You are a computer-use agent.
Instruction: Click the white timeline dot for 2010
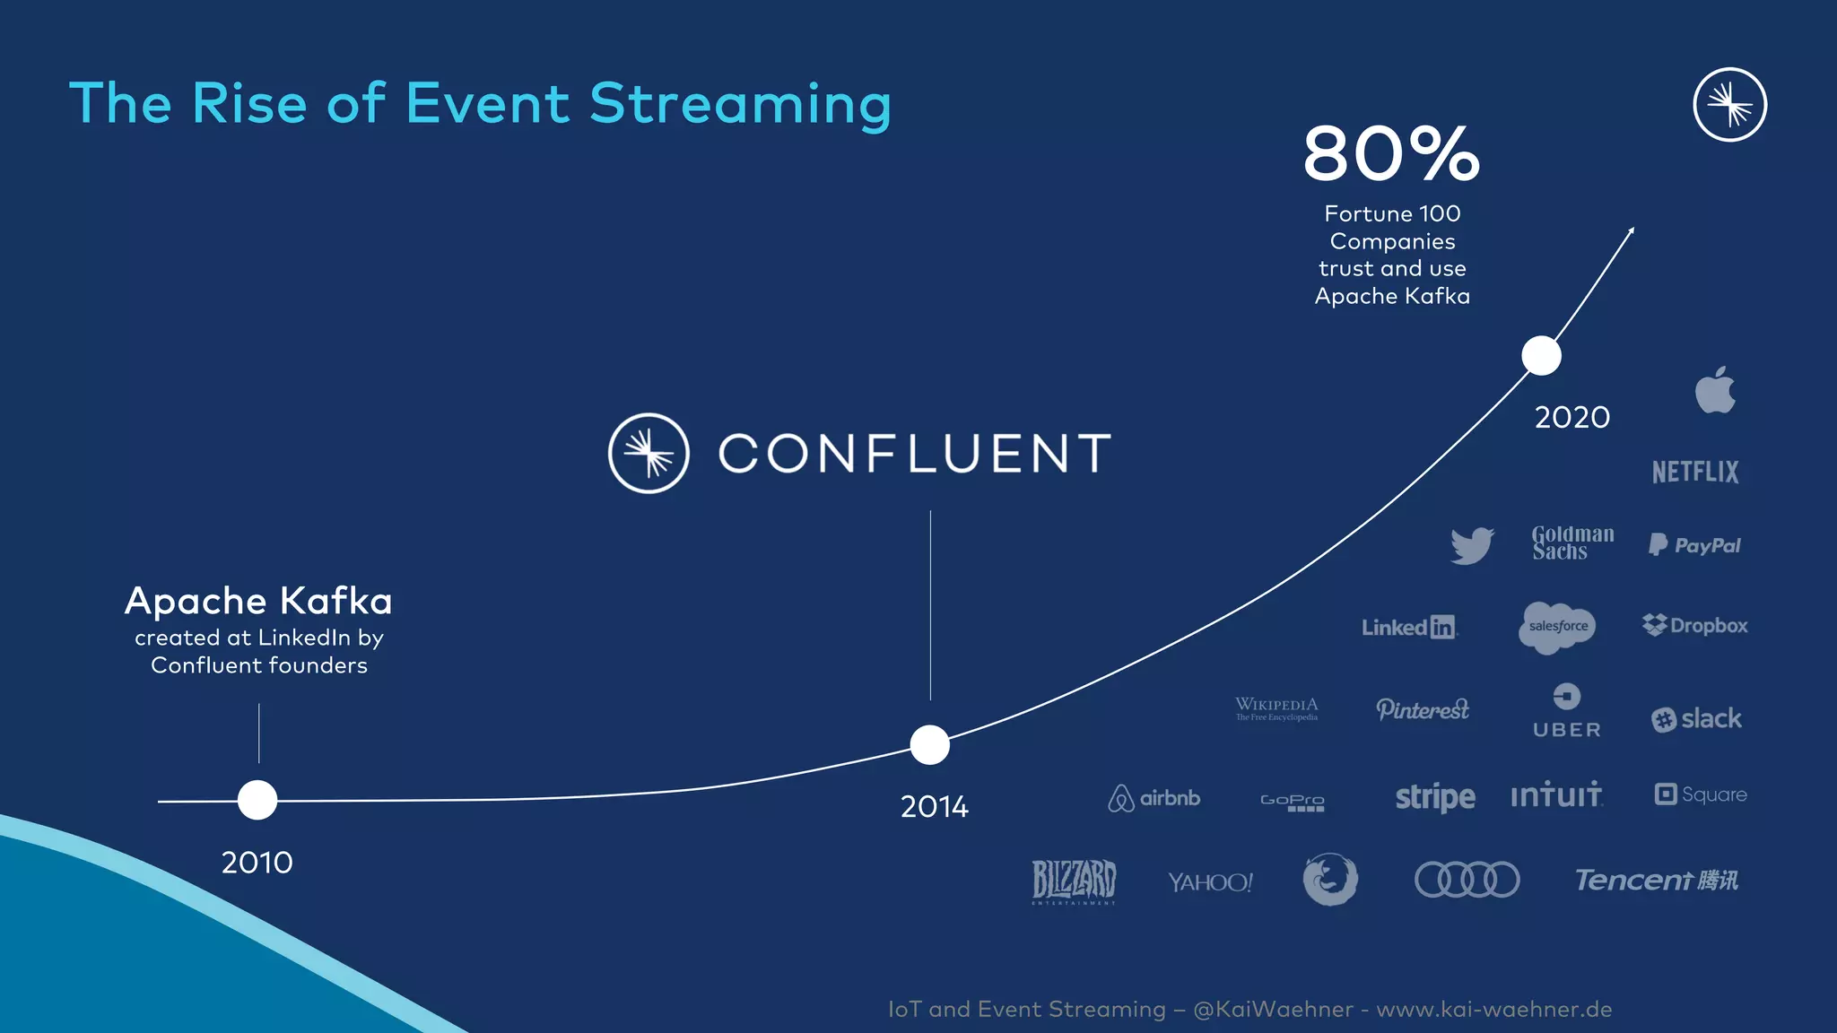point(257,800)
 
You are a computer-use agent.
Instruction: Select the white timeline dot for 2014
point(929,744)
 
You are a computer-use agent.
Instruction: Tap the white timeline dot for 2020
point(1541,356)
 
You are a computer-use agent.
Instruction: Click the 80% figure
point(1391,153)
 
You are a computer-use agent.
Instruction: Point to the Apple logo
point(1715,390)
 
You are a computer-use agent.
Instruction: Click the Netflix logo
point(1695,472)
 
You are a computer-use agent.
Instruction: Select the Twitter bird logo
point(1472,545)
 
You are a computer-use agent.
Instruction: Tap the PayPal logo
point(1694,545)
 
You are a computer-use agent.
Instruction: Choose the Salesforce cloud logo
point(1558,626)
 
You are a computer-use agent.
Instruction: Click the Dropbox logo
point(1694,625)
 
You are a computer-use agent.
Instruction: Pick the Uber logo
point(1566,712)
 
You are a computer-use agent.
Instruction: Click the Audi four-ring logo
point(1467,880)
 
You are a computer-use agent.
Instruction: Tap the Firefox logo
point(1330,879)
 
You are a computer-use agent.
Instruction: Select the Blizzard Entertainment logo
point(1074,881)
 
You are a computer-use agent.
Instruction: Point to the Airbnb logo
point(1154,797)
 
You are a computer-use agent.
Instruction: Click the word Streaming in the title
point(740,103)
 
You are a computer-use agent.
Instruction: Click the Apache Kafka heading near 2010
point(258,601)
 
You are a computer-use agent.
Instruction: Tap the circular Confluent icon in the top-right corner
point(1729,105)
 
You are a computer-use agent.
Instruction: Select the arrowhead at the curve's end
point(1631,231)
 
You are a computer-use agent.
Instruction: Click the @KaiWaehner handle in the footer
point(1273,1009)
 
